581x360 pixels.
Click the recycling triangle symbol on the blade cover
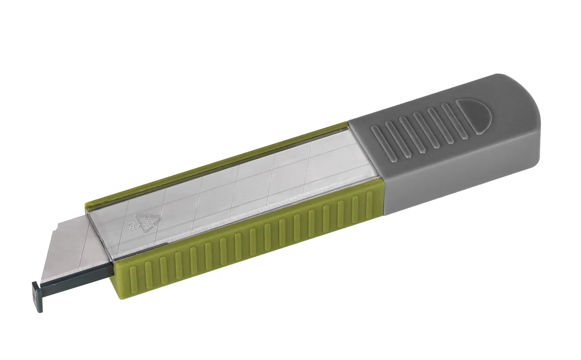(148, 221)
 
